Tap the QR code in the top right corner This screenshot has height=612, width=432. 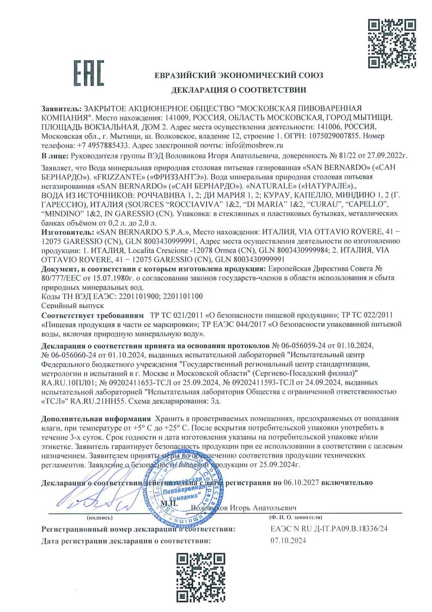(x=387, y=42)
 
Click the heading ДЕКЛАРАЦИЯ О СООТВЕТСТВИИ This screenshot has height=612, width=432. (x=239, y=89)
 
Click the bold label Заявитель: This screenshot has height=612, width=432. (x=60, y=109)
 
